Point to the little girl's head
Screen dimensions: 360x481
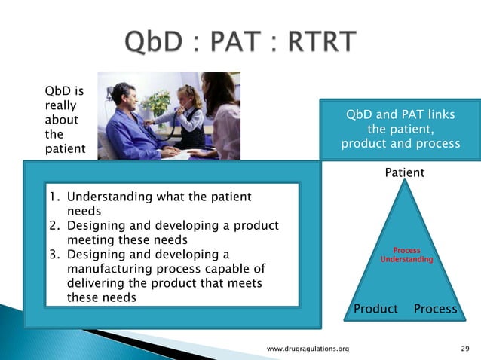(x=185, y=96)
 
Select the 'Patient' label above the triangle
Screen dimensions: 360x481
(x=404, y=172)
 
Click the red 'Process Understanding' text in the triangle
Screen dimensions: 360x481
(x=406, y=255)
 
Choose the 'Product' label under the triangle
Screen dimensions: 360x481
(x=375, y=309)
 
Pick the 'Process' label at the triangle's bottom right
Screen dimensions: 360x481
(x=435, y=309)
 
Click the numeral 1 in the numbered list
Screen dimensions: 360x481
(x=54, y=197)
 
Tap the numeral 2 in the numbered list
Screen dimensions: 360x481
(x=54, y=225)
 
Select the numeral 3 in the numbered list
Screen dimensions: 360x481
(x=54, y=254)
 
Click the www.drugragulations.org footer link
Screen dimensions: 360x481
(x=308, y=349)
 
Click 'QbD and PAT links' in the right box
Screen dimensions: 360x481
(x=400, y=115)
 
